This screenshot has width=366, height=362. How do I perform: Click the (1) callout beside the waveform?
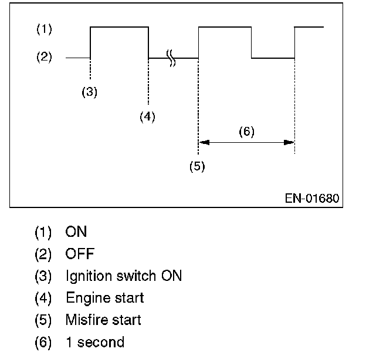tap(43, 28)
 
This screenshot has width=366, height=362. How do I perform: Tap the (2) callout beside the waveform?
tap(43, 58)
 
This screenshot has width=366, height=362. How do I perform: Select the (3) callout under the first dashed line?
tap(89, 92)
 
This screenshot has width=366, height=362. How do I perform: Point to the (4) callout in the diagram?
tap(147, 116)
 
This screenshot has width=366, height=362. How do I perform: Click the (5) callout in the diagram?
tap(197, 166)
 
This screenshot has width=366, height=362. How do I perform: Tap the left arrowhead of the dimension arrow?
tap(203, 142)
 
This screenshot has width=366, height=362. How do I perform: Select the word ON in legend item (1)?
tap(76, 232)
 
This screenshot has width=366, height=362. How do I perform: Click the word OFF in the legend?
tap(80, 254)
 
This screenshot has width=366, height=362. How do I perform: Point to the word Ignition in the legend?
tap(88, 276)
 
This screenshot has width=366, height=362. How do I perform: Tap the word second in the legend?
tap(101, 342)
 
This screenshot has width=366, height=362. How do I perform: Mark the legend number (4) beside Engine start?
tap(43, 298)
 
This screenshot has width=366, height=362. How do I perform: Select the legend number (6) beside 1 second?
tap(43, 342)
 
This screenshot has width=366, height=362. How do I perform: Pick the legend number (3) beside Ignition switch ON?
tap(43, 276)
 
